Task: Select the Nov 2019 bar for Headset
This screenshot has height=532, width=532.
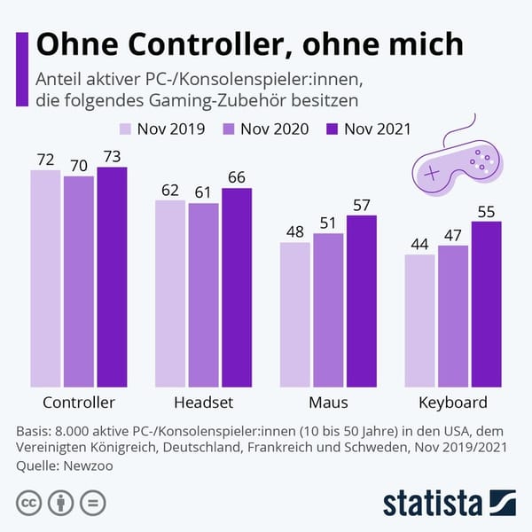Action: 171,293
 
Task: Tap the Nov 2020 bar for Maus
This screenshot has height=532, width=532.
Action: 328,310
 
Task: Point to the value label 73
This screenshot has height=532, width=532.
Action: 113,157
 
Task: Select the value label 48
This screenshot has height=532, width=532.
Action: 295,231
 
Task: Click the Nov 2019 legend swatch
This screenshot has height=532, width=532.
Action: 125,129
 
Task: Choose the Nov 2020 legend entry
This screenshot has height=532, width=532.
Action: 265,129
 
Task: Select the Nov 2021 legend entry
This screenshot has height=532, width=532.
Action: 368,129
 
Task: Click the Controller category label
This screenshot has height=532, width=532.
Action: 79,402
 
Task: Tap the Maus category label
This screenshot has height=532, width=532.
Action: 328,402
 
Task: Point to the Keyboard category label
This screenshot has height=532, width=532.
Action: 453,402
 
